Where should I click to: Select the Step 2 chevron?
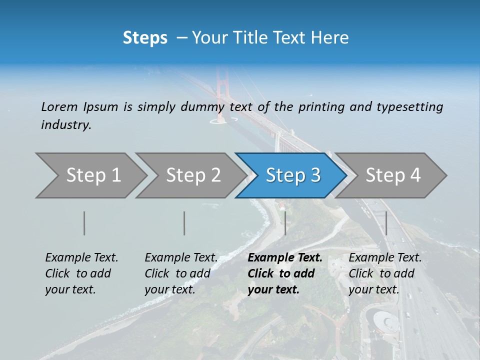(192, 175)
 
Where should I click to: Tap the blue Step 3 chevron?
(292, 175)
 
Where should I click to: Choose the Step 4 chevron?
(392, 175)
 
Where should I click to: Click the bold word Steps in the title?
(145, 38)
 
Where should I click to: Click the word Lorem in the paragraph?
(59, 107)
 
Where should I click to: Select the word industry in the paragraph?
(66, 125)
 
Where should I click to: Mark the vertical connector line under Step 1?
(84, 223)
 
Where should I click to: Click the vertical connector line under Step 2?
(184, 223)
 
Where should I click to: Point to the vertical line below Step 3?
(285, 223)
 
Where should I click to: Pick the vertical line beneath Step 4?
(386, 223)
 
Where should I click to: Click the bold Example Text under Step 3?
(285, 258)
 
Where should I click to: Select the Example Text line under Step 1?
(81, 258)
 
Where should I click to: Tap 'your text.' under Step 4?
(373, 289)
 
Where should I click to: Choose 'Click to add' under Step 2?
(177, 274)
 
